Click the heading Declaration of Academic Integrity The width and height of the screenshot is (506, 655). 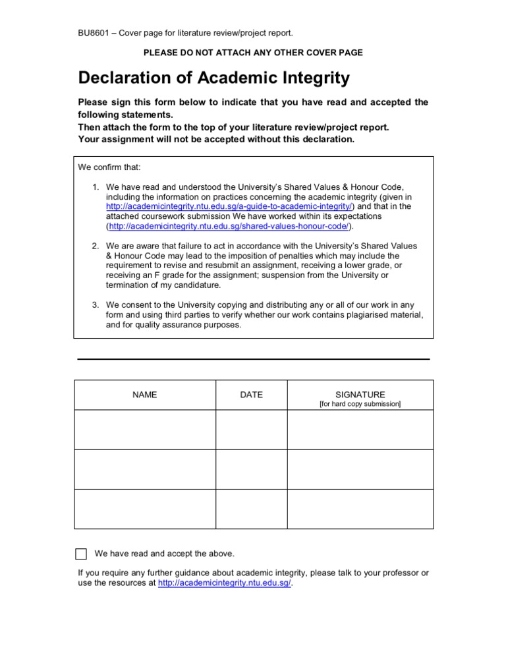(x=213, y=78)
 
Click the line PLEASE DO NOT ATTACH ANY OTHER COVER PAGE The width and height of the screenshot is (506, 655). (x=253, y=52)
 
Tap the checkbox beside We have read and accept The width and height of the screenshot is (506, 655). (x=81, y=554)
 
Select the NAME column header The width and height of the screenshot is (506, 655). (x=145, y=395)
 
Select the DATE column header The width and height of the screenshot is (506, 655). (x=251, y=395)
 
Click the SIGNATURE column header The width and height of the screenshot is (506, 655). (x=360, y=394)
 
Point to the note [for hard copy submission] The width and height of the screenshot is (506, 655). (x=360, y=404)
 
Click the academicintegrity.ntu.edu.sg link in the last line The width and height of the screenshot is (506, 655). (x=224, y=583)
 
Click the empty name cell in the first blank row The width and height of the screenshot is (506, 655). (x=145, y=430)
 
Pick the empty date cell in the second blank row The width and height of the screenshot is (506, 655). (x=251, y=469)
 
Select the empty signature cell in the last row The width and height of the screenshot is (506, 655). (x=360, y=509)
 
